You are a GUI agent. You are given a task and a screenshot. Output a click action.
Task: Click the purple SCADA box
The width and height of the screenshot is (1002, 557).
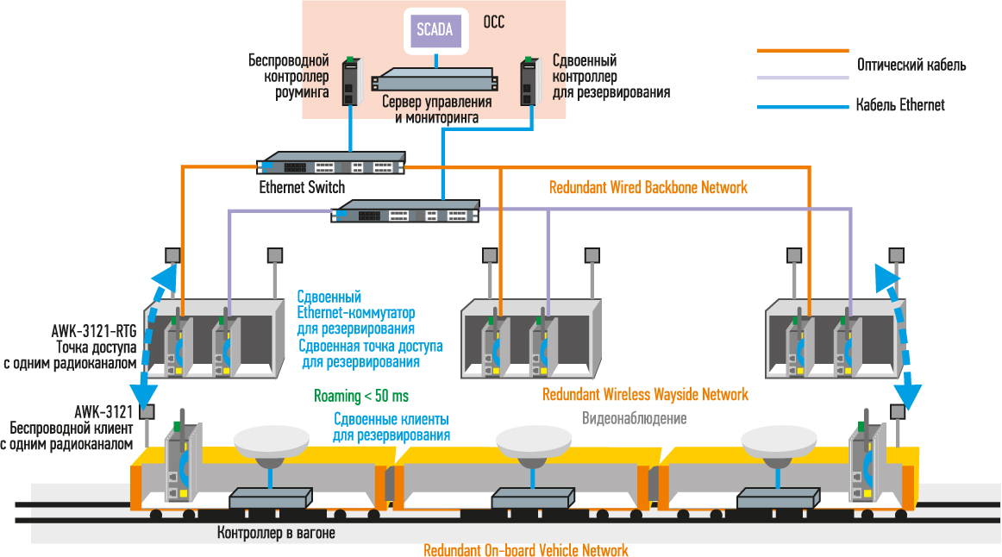point(435,30)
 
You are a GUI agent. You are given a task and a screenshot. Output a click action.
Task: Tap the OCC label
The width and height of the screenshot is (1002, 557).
point(493,22)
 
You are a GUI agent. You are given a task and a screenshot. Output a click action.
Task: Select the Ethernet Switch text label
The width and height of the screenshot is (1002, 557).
point(302,187)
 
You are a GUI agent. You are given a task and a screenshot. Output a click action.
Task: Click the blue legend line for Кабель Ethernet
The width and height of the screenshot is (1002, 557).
point(803,107)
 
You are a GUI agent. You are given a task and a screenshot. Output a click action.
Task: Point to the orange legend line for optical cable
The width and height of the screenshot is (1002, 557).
point(803,51)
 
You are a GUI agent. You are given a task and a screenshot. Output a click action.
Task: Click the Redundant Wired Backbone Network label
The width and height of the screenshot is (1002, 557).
point(648,187)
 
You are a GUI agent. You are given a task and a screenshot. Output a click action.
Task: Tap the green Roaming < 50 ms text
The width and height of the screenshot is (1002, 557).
point(361,396)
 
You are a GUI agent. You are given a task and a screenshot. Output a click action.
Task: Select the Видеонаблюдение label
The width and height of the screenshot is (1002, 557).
point(634,418)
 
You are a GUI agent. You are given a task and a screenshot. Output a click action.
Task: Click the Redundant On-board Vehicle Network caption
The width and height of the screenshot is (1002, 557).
point(526,550)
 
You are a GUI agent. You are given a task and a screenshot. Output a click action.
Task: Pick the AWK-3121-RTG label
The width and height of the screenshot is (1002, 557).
point(94,331)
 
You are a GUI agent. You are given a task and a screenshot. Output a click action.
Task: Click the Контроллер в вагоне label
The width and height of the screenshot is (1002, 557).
point(276,533)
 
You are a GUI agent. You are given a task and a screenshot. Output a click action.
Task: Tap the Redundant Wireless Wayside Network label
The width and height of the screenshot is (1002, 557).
point(645,394)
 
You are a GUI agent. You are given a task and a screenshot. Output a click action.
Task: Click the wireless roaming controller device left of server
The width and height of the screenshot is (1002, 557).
point(352,81)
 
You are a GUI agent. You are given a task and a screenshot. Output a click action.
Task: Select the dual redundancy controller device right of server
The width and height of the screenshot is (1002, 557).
point(529,81)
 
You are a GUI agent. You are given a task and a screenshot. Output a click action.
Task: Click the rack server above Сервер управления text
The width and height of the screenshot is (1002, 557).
point(435,80)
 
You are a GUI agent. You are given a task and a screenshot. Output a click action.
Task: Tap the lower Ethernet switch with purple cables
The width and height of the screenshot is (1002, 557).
point(404,211)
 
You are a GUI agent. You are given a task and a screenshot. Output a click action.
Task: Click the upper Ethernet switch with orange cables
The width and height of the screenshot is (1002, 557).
point(330,163)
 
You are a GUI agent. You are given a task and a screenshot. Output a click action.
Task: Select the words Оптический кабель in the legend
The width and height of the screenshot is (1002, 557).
point(911,66)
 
